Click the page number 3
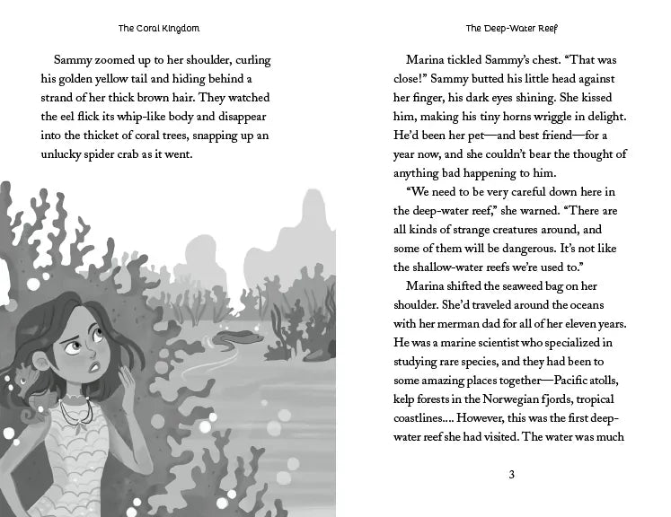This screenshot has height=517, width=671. (511, 475)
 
